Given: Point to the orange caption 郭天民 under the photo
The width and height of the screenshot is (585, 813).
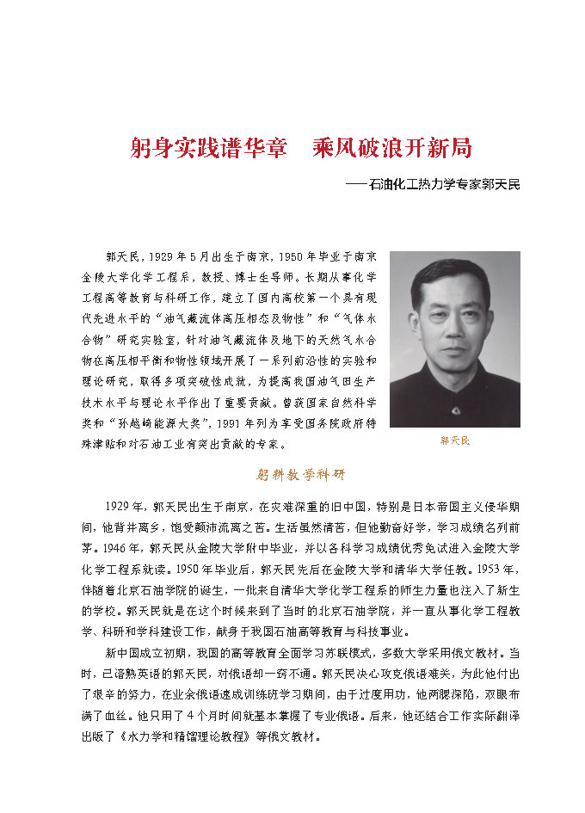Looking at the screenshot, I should click(455, 440).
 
